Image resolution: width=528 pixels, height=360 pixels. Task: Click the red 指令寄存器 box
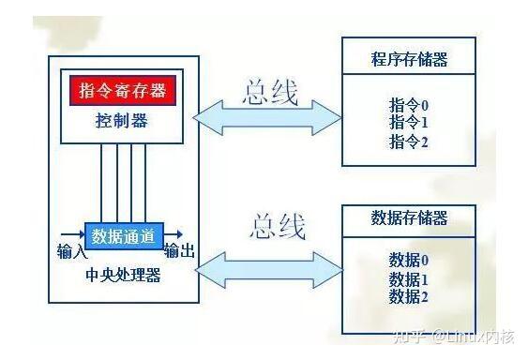122,91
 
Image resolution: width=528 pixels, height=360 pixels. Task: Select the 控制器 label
122,121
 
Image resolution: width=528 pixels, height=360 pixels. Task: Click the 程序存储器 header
409,60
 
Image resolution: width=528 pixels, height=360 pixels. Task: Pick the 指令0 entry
409,104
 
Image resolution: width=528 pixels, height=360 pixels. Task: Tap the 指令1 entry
409,122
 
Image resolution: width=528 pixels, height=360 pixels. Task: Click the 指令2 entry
409,142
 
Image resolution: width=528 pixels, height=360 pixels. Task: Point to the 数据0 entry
409,261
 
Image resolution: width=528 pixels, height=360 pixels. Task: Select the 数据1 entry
409,279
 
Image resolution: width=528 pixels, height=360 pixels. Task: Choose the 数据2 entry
409,297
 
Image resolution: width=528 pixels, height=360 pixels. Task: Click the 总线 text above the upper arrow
270,93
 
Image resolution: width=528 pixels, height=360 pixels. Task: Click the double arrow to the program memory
267,119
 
